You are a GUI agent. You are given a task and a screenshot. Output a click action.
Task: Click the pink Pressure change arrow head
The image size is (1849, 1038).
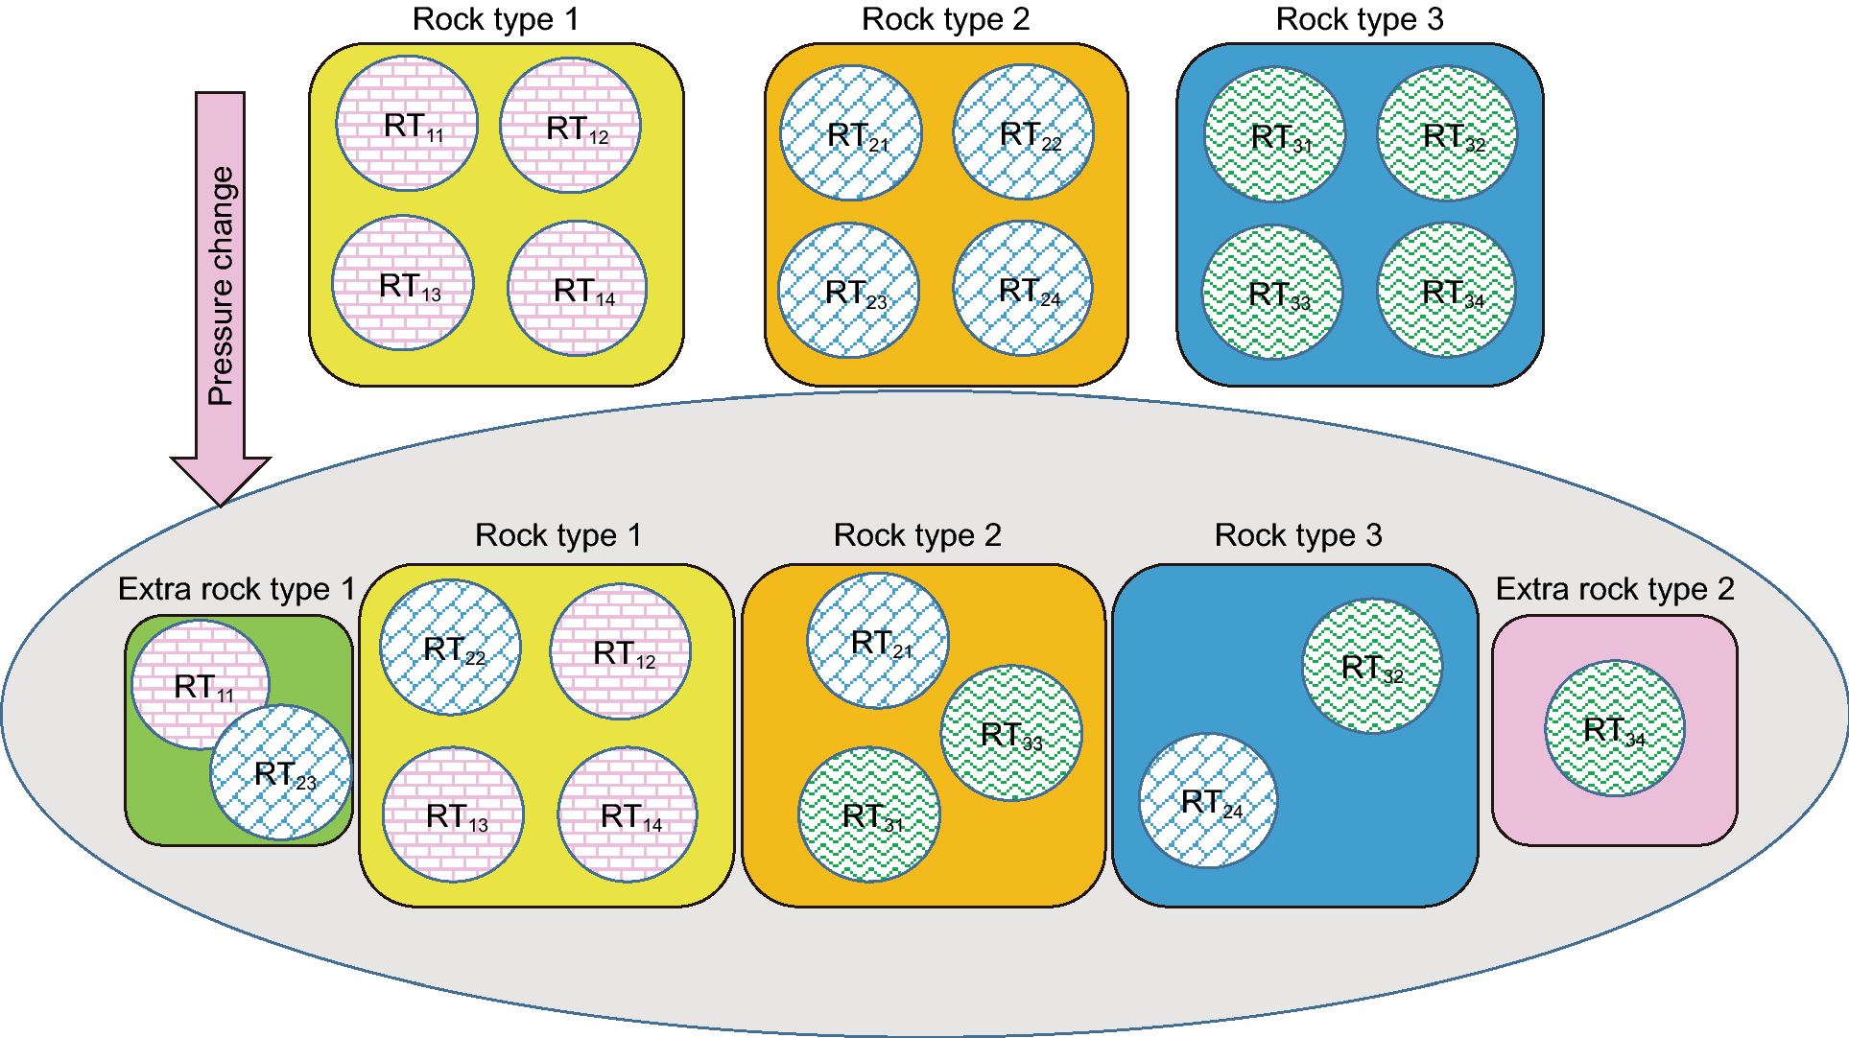click(x=221, y=479)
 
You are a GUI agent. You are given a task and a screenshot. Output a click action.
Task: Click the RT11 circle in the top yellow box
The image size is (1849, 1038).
click(x=407, y=123)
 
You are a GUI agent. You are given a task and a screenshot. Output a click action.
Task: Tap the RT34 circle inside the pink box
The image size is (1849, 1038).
click(x=1614, y=728)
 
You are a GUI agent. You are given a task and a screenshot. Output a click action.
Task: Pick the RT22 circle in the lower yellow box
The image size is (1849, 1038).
click(x=450, y=648)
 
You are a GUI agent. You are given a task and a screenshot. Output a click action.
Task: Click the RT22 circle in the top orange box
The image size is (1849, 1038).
click(x=1023, y=132)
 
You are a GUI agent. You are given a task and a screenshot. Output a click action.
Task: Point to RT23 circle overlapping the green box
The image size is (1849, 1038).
click(x=282, y=772)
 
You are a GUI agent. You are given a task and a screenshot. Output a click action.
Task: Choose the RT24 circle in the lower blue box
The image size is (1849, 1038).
click(x=1208, y=801)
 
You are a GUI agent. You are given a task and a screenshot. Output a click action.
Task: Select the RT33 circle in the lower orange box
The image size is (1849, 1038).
click(x=1010, y=733)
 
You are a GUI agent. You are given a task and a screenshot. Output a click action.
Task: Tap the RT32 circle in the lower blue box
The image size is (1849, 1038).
click(x=1372, y=666)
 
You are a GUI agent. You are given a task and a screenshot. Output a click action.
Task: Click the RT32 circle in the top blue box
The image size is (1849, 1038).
click(x=1447, y=134)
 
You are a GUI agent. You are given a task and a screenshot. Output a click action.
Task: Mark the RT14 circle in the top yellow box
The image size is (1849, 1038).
click(x=577, y=289)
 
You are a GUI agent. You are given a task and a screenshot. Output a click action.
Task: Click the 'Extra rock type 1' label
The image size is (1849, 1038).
click(x=236, y=589)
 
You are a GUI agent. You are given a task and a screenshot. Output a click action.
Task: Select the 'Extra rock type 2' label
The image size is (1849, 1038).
click(x=1615, y=589)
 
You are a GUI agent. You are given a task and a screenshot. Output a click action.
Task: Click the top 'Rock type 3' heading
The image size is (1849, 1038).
click(x=1359, y=19)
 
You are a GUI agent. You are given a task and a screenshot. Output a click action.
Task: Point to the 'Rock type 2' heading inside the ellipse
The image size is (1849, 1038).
click(x=917, y=535)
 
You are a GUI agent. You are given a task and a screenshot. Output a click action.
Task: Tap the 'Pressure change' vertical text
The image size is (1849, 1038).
click(x=221, y=286)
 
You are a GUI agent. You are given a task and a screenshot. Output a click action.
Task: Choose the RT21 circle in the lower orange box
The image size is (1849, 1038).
click(x=878, y=641)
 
